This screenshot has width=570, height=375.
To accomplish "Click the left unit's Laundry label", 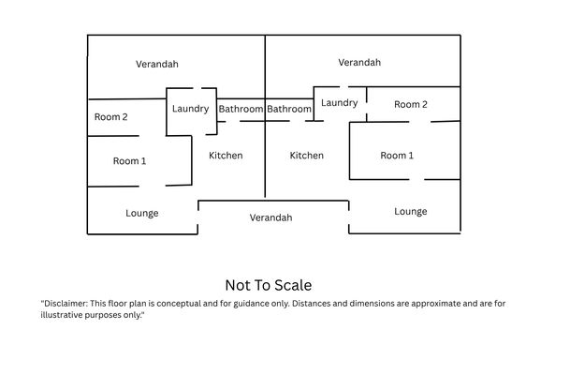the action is (191, 109).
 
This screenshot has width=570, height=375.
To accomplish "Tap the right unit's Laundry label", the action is (339, 103).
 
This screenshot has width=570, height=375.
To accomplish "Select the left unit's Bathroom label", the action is (241, 109).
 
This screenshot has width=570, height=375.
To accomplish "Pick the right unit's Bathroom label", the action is (289, 109).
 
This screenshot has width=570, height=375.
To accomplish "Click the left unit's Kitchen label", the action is (226, 156).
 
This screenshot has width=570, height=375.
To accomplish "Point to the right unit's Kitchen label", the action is (306, 156).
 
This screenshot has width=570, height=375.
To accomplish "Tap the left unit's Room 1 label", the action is (129, 161).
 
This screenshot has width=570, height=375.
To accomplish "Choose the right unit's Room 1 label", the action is (397, 156).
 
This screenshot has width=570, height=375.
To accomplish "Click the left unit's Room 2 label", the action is (110, 117).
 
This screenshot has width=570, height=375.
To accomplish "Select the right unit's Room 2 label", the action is (411, 104).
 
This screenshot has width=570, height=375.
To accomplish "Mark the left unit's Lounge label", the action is (142, 214).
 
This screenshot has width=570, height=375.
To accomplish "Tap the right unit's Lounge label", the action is (411, 212).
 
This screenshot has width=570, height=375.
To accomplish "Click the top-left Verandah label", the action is (157, 64).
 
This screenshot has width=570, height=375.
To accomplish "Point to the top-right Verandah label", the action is (359, 62).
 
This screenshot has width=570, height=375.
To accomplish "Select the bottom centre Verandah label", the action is (270, 217).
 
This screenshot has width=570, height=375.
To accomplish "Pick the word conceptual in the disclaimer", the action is (179, 304).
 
